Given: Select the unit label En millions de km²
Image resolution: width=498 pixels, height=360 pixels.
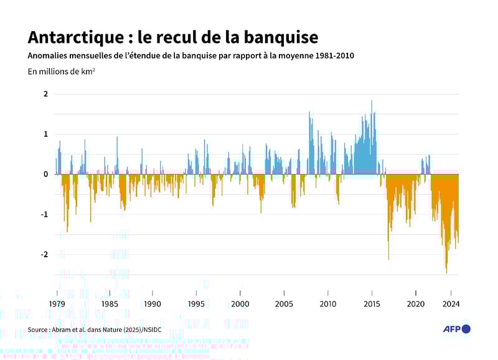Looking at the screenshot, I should (61, 71).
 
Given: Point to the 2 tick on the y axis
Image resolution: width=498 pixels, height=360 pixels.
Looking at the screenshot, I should (45, 94).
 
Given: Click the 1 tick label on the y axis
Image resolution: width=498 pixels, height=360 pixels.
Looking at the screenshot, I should (45, 134).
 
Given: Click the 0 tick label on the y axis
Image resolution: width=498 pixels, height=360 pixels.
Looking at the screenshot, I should (45, 174).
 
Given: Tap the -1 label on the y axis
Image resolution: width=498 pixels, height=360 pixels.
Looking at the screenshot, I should (44, 214).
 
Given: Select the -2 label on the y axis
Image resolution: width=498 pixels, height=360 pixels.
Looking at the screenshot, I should (44, 254).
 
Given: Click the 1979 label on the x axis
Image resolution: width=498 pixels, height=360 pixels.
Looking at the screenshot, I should (57, 304).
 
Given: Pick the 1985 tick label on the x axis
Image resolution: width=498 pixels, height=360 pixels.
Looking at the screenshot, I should (110, 304).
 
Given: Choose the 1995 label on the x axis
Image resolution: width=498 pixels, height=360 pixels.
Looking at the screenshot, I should (197, 304).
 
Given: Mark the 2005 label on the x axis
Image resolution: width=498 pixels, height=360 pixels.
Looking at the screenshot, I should (284, 304).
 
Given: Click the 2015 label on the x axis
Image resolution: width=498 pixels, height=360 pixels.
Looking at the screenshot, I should (372, 304).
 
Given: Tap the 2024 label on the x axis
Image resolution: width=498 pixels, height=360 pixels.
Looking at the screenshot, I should (451, 304).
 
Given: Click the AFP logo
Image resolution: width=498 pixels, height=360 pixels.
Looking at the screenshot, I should (456, 329).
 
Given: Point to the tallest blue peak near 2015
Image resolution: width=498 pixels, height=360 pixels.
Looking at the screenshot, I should (372, 102).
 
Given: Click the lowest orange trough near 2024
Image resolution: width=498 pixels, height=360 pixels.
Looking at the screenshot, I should (446, 272).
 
